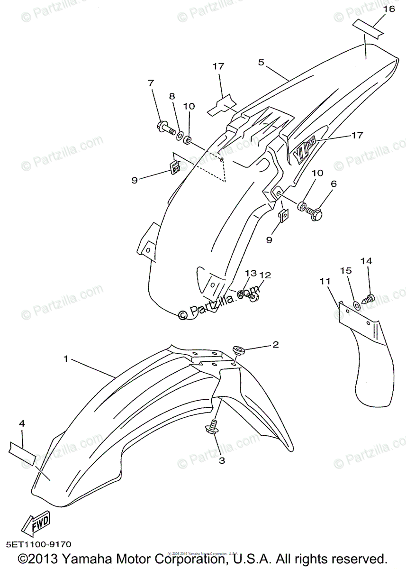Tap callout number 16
click(x=388, y=9)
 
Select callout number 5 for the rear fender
click(x=261, y=62)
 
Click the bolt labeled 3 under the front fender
click(x=211, y=428)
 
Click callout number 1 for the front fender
click(x=67, y=359)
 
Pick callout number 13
click(x=251, y=274)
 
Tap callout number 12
click(x=265, y=275)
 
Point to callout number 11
click(x=325, y=282)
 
